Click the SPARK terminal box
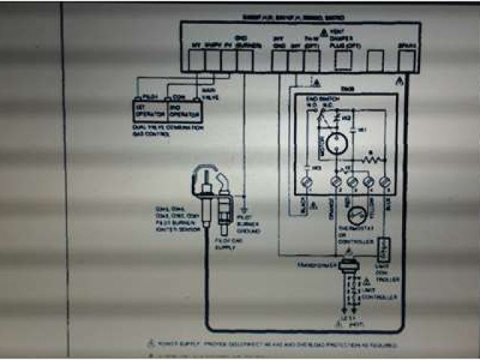(x=406, y=59)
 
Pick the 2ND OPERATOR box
(x=185, y=110)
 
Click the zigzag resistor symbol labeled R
(x=368, y=159)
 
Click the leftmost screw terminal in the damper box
(x=306, y=181)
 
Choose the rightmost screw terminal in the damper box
(x=385, y=181)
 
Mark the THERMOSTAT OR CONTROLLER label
(x=355, y=238)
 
